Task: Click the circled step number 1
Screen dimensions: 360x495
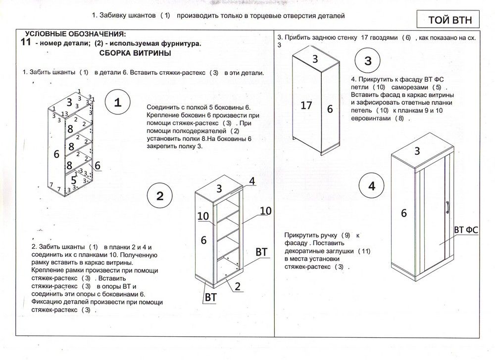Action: pos(118,102)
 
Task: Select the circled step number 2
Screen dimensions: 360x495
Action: pos(160,195)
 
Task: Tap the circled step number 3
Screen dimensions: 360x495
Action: pos(368,61)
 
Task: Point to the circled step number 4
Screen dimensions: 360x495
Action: pos(372,186)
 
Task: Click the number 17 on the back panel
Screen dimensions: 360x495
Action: pos(306,105)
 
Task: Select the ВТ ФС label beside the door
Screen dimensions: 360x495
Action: pos(465,230)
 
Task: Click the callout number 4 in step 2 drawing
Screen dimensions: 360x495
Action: pos(251,181)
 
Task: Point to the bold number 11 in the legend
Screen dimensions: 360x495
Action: pos(27,43)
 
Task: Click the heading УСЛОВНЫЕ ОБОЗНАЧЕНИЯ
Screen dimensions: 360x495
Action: pos(75,34)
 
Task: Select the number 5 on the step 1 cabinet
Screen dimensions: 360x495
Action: pos(73,180)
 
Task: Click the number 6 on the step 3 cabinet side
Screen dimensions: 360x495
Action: pos(330,109)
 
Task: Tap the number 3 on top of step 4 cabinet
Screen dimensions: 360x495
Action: pos(417,151)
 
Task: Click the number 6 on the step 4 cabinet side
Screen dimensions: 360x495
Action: pos(403,213)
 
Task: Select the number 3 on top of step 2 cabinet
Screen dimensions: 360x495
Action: pos(219,188)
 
